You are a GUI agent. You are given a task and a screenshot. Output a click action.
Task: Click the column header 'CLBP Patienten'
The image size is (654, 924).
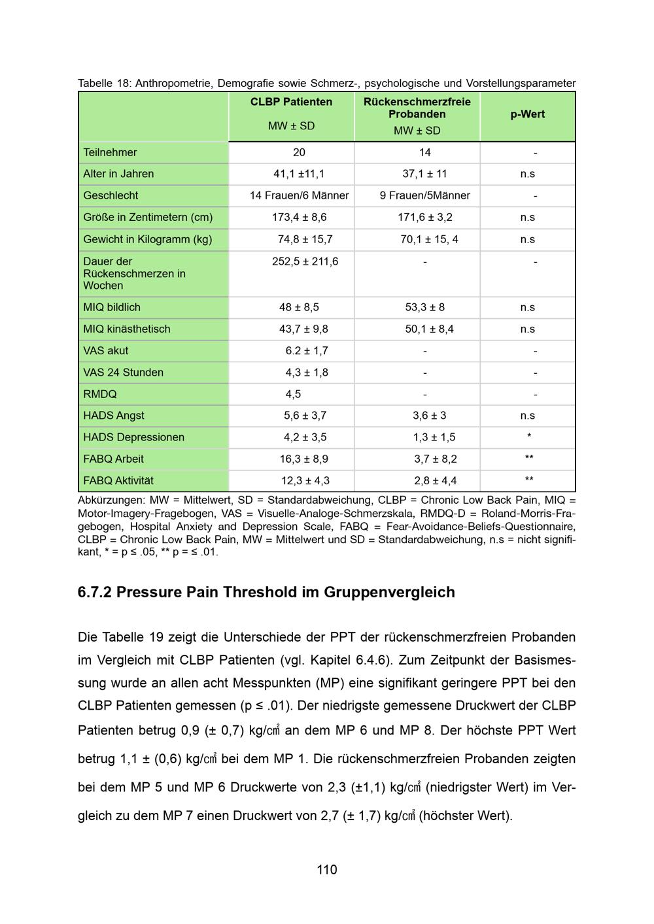click(291, 102)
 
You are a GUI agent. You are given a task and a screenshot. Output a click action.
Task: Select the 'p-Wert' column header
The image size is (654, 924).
click(527, 114)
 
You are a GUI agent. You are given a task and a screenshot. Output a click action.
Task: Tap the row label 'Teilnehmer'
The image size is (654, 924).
click(110, 152)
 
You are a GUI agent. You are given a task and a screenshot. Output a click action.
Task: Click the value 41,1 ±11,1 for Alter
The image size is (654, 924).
click(299, 174)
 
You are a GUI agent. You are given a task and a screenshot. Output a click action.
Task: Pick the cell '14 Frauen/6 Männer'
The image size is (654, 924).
click(299, 195)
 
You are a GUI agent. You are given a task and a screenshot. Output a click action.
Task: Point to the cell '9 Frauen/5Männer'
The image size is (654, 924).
click(424, 195)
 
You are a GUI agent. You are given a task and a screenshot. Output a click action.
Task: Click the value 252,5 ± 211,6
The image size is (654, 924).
click(305, 261)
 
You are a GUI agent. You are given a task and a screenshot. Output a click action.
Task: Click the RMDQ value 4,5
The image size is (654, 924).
click(293, 394)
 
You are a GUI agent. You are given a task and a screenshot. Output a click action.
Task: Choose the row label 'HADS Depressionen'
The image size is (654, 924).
click(133, 437)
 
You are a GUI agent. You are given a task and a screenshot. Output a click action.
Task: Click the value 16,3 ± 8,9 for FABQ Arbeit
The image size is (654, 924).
click(303, 459)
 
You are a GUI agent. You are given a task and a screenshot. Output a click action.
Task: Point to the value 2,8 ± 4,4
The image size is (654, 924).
click(435, 481)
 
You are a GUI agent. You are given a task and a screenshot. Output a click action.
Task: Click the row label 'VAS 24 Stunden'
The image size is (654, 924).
click(123, 372)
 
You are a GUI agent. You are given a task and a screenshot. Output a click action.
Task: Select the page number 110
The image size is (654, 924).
click(327, 870)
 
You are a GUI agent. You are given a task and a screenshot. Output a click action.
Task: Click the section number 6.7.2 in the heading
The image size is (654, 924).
click(94, 592)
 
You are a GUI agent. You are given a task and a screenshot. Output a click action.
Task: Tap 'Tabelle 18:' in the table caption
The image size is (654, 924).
click(104, 83)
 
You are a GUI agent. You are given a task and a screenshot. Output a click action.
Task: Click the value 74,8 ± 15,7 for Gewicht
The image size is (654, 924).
click(305, 239)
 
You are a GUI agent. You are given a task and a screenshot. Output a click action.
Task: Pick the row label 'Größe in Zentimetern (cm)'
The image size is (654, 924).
click(147, 217)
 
